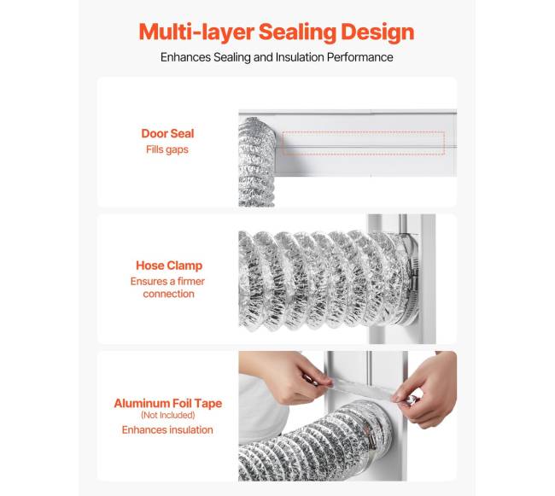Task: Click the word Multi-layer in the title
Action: coord(196,32)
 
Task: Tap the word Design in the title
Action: coord(377,32)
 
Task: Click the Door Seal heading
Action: coord(167,133)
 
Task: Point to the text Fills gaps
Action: coord(167,149)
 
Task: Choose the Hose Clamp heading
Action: coord(169,266)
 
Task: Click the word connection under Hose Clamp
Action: coord(168,294)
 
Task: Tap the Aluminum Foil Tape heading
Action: coord(167,403)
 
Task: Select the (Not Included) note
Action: coord(167,415)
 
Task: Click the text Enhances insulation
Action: coord(167,430)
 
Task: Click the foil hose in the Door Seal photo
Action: coord(256,161)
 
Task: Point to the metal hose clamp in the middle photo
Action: coord(412,283)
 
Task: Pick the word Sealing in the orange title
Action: coord(297,32)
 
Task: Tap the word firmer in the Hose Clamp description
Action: coord(191,282)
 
